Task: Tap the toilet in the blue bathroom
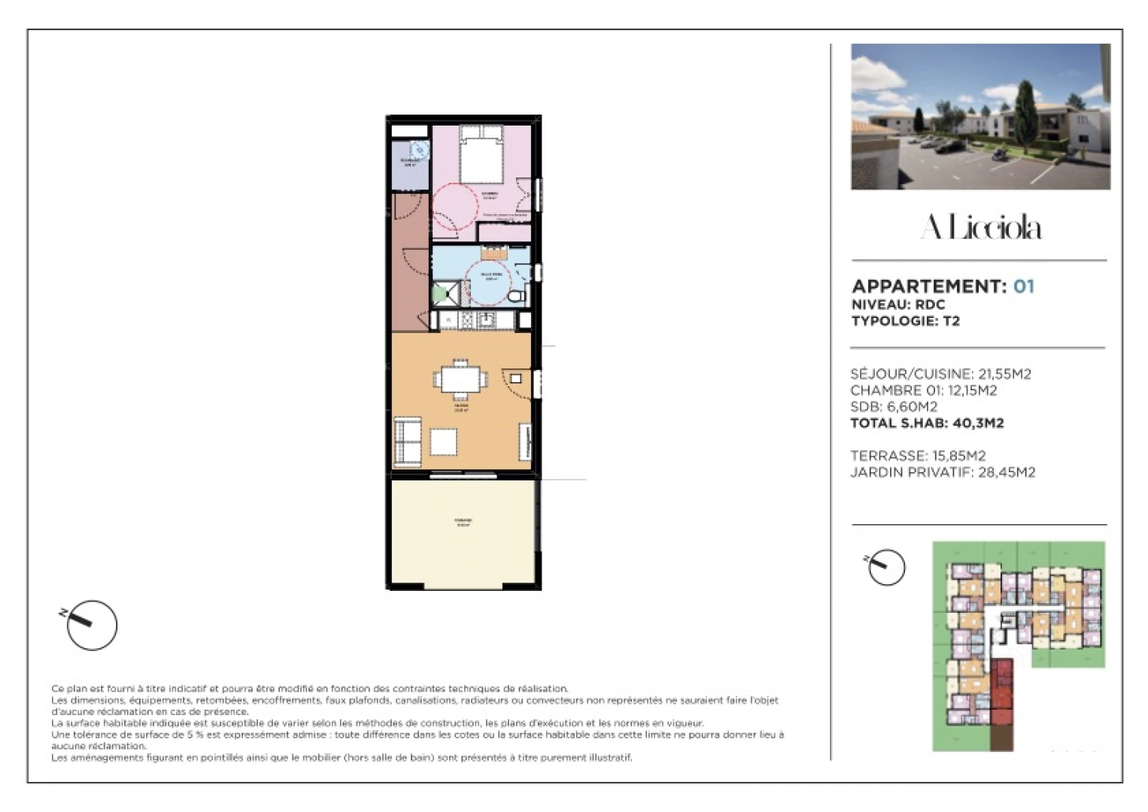point(515,296)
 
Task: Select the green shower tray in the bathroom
point(444,292)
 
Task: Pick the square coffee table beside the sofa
point(443,441)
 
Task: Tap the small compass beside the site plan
point(886,568)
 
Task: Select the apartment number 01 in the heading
point(1024,286)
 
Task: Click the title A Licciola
point(980,227)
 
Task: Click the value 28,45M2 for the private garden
point(1007,472)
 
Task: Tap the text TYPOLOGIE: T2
point(905,321)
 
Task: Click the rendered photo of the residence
point(980,117)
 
